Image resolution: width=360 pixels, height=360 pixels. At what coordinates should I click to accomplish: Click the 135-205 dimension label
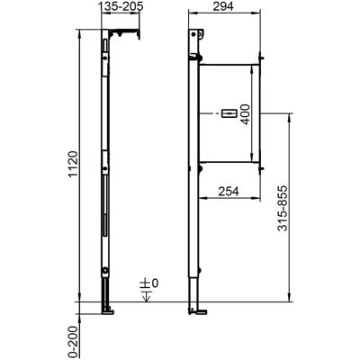(121, 6)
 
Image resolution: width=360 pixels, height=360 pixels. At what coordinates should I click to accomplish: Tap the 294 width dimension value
(223, 6)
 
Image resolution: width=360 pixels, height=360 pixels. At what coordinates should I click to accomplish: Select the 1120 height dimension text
(74, 165)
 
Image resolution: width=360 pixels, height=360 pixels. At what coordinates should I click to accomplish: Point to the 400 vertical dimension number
(245, 114)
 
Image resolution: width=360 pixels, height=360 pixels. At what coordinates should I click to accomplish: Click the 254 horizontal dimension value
(229, 191)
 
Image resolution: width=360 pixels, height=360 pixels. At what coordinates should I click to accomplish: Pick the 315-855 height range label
(283, 208)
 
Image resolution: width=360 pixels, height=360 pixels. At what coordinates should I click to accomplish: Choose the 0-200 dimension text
(74, 341)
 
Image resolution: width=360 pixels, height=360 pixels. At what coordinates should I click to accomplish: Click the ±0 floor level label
(149, 283)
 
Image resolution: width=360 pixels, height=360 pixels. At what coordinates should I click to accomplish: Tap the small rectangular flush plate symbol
(229, 113)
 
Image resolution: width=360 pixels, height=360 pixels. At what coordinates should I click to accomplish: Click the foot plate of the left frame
(108, 311)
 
